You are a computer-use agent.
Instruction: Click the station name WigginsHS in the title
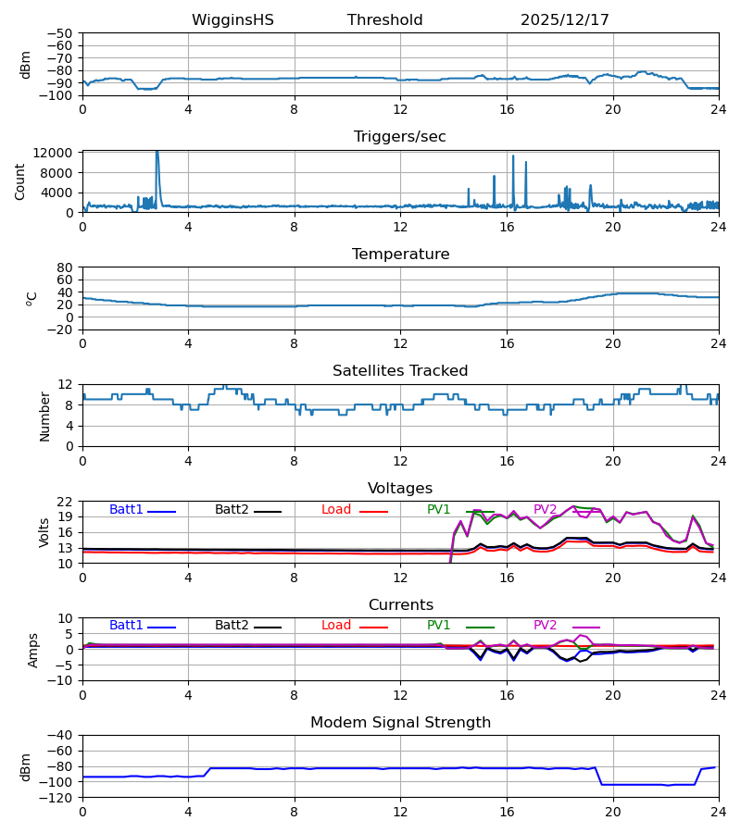[x=232, y=20]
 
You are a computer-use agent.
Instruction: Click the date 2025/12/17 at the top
[x=564, y=20]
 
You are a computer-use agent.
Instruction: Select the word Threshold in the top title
[x=384, y=20]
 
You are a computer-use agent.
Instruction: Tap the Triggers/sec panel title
[x=399, y=137]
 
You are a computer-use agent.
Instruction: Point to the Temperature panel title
[x=400, y=255]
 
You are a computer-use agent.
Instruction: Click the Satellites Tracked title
[x=400, y=371]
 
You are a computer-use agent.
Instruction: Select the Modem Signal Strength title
[x=400, y=723]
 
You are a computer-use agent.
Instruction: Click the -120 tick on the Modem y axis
[x=59, y=798]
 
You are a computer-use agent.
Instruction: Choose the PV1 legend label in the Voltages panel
[x=438, y=510]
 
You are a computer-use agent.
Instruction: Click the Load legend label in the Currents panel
[x=335, y=626]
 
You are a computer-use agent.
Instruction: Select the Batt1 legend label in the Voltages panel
[x=126, y=510]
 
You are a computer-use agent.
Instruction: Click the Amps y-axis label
[x=34, y=650]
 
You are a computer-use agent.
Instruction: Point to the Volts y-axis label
[x=44, y=532]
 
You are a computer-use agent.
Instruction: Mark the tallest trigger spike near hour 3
[x=157, y=153]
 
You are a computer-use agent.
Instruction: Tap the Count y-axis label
[x=20, y=181]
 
